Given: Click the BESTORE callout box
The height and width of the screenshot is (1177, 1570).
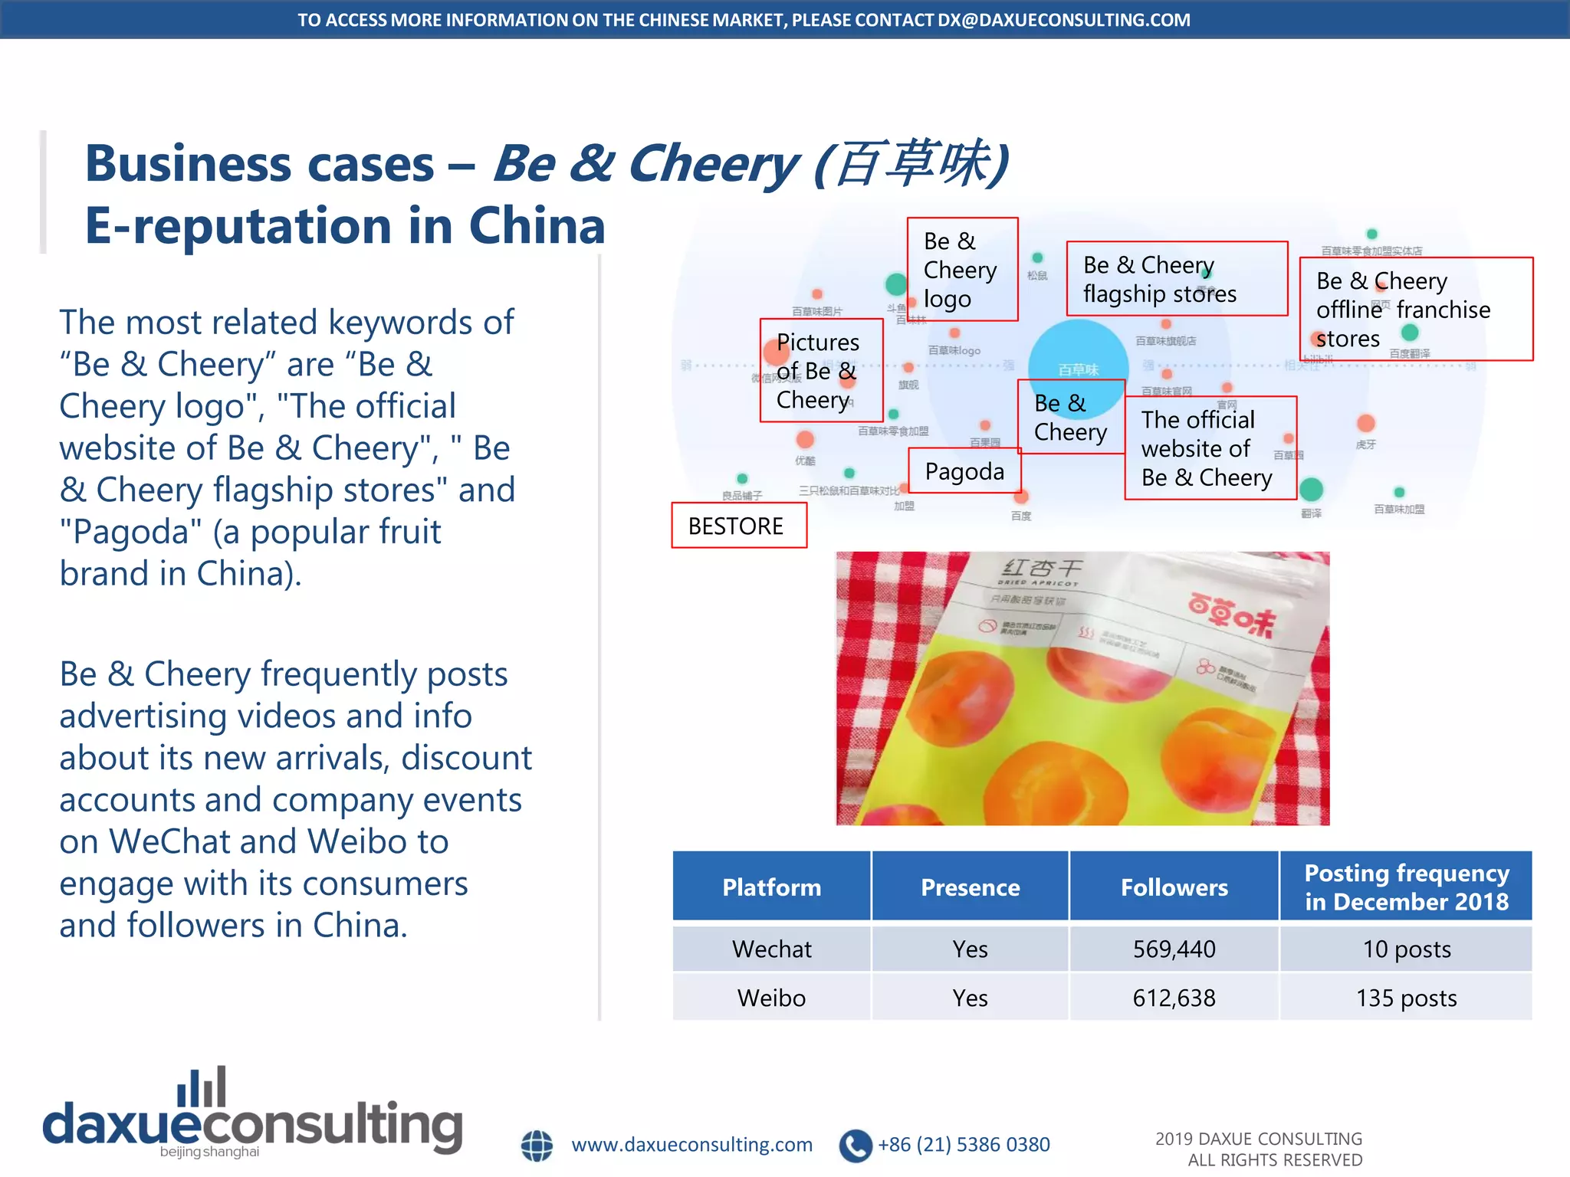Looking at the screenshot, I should click(738, 526).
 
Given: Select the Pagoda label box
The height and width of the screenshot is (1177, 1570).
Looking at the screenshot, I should click(964, 470).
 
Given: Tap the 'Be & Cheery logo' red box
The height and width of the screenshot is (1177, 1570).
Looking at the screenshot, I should click(962, 269).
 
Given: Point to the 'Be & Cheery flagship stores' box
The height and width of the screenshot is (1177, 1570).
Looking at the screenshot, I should click(1176, 279).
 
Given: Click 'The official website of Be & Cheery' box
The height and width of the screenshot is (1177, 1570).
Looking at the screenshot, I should click(1210, 448).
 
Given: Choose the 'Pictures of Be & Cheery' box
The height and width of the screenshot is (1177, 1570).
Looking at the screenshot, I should click(820, 370).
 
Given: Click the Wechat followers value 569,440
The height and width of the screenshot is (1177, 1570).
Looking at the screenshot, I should click(1174, 949).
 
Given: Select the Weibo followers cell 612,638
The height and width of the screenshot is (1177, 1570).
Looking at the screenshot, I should click(1174, 998).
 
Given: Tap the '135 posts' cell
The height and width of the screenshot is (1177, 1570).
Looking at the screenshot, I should click(1406, 998).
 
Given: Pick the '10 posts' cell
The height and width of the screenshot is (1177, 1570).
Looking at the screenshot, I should click(1406, 949).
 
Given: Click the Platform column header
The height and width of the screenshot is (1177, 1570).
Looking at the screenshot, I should click(771, 887).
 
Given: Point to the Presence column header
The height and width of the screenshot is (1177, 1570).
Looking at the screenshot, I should click(970, 887).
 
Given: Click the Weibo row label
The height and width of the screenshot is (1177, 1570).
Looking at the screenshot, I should click(771, 998).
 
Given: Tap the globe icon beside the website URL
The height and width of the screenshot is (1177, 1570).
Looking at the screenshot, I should click(537, 1146).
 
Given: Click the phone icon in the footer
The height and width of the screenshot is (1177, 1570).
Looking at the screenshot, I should click(856, 1146).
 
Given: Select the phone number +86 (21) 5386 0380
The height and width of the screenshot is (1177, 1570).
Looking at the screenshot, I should click(964, 1145).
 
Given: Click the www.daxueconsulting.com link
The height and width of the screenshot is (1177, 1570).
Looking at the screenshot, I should click(691, 1145).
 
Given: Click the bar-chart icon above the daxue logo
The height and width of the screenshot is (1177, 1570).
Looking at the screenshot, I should click(202, 1087).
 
